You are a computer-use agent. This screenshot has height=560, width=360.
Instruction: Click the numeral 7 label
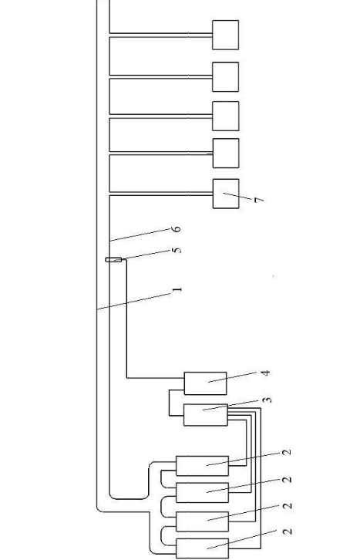(x=259, y=200)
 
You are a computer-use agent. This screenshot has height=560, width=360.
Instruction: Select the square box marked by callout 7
(x=226, y=194)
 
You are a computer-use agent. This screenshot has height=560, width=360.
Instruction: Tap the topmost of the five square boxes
(x=226, y=35)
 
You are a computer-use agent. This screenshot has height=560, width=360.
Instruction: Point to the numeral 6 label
(x=177, y=229)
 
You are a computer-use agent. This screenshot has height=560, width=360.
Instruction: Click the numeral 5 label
(x=177, y=250)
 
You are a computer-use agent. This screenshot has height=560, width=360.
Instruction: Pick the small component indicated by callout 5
(x=113, y=260)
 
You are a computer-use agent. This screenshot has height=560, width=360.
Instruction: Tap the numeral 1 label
(x=177, y=289)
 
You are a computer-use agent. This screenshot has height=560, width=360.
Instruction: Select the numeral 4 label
(x=265, y=373)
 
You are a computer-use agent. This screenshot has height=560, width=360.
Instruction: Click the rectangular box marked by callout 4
(x=205, y=383)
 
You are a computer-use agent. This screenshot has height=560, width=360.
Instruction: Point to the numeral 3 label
(x=267, y=400)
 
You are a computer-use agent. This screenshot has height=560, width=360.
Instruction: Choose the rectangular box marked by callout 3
(x=206, y=415)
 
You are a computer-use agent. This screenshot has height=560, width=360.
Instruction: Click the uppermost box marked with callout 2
(x=202, y=466)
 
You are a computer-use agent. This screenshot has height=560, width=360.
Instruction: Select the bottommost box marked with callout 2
(x=202, y=548)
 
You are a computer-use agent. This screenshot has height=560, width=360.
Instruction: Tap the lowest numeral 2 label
(x=288, y=531)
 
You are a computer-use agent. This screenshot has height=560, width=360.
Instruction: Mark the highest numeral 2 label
(x=287, y=452)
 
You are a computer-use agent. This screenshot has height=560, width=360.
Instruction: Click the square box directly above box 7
(x=226, y=153)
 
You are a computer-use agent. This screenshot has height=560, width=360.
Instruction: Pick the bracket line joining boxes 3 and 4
(x=170, y=403)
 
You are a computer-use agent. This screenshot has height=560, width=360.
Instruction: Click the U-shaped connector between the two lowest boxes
(x=161, y=535)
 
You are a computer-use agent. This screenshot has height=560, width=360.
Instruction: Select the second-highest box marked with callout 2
(x=202, y=492)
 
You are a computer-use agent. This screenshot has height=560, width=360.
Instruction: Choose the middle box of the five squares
(x=226, y=116)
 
